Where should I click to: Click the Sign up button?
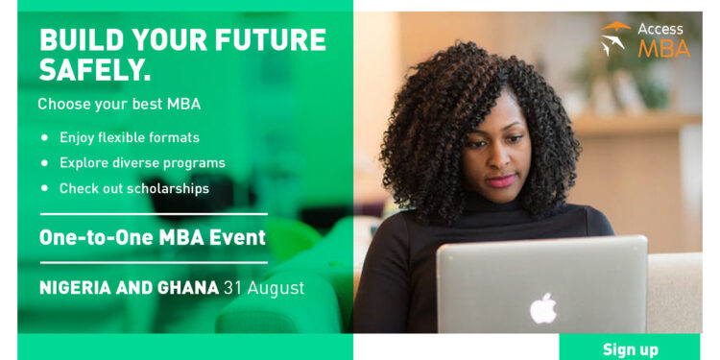[x=630, y=348]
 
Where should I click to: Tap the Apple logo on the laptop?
[x=543, y=308]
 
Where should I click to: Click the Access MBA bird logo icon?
[x=615, y=38]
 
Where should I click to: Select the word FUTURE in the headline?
[x=274, y=40]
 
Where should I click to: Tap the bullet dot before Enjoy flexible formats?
[x=44, y=137]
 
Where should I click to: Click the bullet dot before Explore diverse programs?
[x=44, y=162]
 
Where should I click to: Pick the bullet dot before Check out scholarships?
[x=44, y=188]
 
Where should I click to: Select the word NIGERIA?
[x=80, y=287]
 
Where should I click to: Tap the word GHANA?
[x=187, y=287]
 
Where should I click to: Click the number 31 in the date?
[x=232, y=287]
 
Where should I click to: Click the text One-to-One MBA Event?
[x=153, y=237]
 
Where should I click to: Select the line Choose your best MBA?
[x=119, y=104]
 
